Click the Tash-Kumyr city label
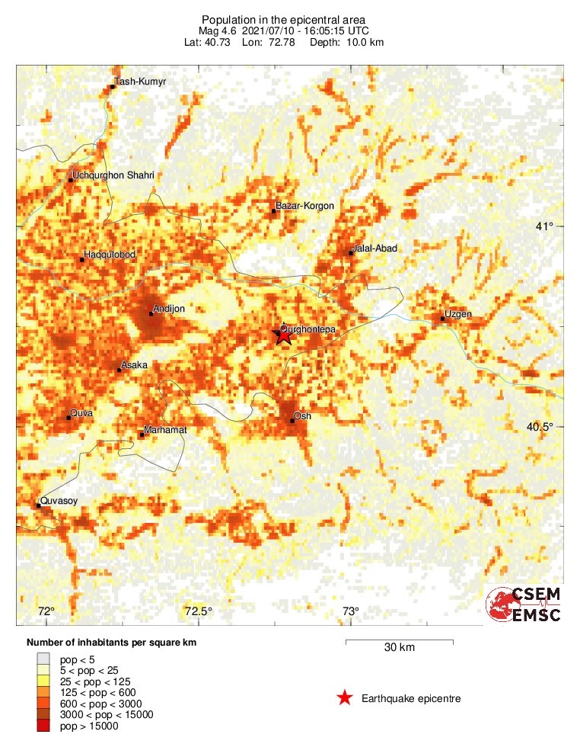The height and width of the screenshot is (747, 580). pos(139,82)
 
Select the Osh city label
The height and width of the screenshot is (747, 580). pos(303,415)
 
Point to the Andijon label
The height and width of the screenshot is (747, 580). pos(169,309)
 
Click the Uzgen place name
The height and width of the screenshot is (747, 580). pos(458,315)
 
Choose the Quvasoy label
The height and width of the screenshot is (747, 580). pos(59,501)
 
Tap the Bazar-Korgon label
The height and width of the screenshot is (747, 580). pos(304,206)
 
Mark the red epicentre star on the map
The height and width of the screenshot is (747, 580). pos(283,334)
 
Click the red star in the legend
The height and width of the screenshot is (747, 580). pos(345,697)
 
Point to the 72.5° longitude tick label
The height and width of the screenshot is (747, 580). pos(199,611)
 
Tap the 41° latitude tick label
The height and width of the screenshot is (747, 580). pos(544,226)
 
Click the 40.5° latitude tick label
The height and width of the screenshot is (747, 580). pos(540,426)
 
